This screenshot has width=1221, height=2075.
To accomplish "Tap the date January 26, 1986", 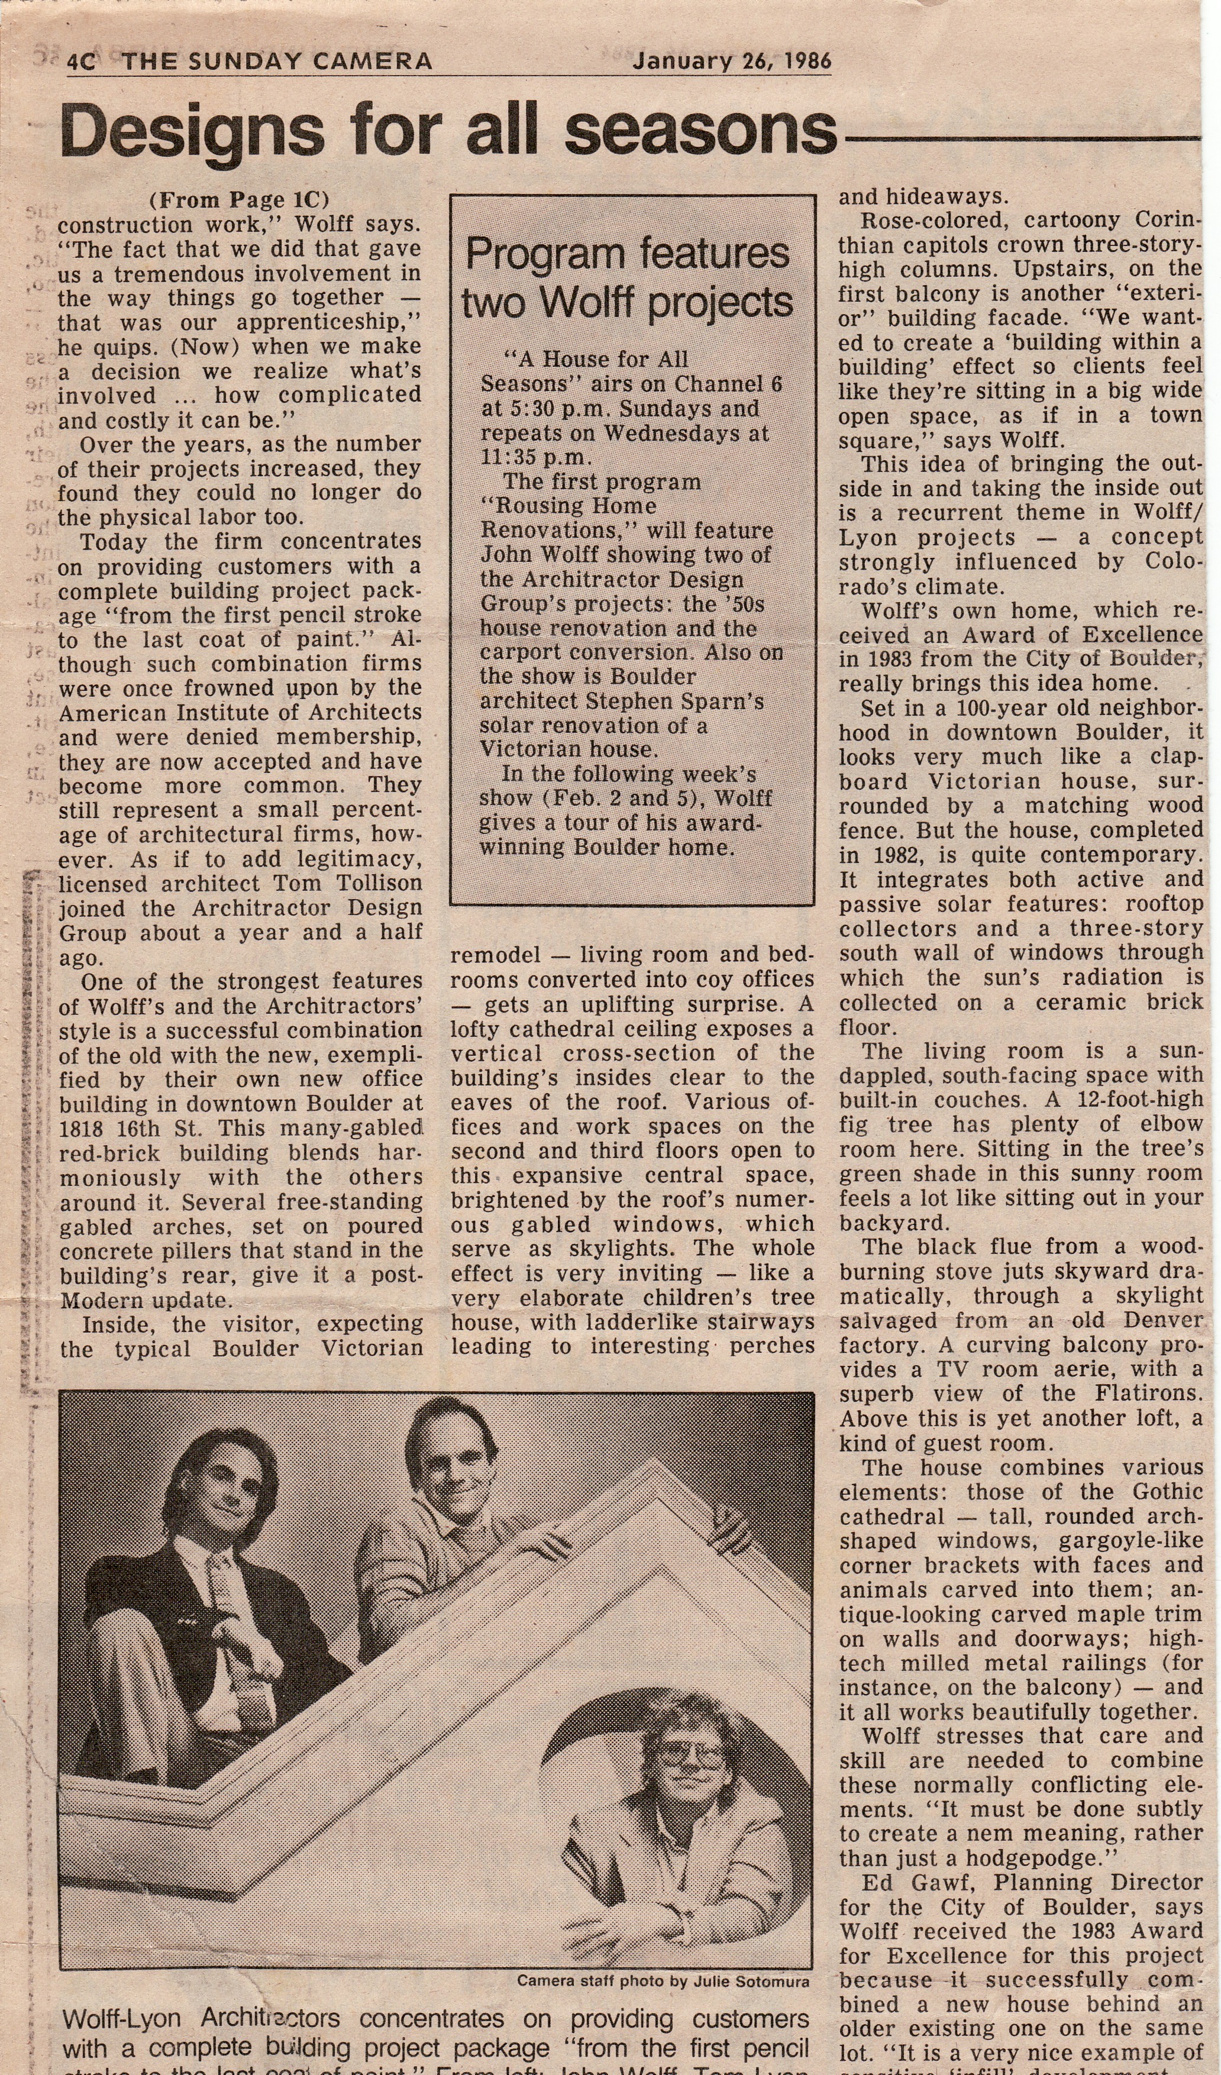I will (x=731, y=62).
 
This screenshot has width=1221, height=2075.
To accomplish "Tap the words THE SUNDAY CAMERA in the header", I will (x=277, y=62).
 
